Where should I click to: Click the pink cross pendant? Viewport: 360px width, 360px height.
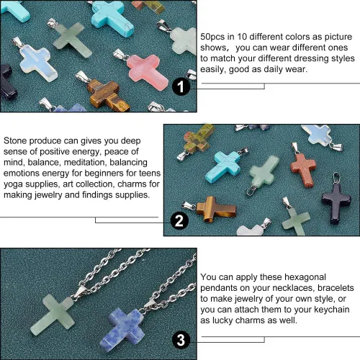[x=147, y=71]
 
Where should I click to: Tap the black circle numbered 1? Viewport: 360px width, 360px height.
[x=181, y=86]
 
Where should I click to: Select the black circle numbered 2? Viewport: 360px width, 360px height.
[x=179, y=220]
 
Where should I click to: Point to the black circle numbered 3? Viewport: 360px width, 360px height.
[x=181, y=340]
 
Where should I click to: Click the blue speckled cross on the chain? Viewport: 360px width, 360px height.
[x=122, y=330]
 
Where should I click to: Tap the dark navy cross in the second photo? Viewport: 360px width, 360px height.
[x=336, y=203]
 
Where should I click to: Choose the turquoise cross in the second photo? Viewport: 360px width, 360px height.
[x=222, y=166]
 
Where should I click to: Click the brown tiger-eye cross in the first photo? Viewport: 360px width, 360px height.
[x=108, y=95]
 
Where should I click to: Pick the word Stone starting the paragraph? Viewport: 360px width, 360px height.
[x=15, y=141]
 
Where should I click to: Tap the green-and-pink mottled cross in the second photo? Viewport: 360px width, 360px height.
[x=198, y=138]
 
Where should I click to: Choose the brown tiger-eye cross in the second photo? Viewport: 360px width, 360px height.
[x=216, y=210]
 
